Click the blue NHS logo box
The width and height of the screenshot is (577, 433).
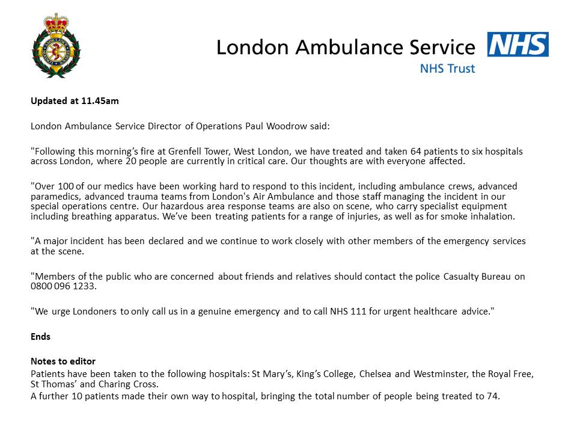pos(517,45)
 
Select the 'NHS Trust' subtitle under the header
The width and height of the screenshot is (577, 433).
pos(447,69)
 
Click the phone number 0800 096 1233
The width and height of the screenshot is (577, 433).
pos(63,287)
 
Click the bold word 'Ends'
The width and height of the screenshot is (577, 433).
pos(41,337)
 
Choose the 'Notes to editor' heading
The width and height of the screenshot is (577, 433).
pos(63,361)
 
